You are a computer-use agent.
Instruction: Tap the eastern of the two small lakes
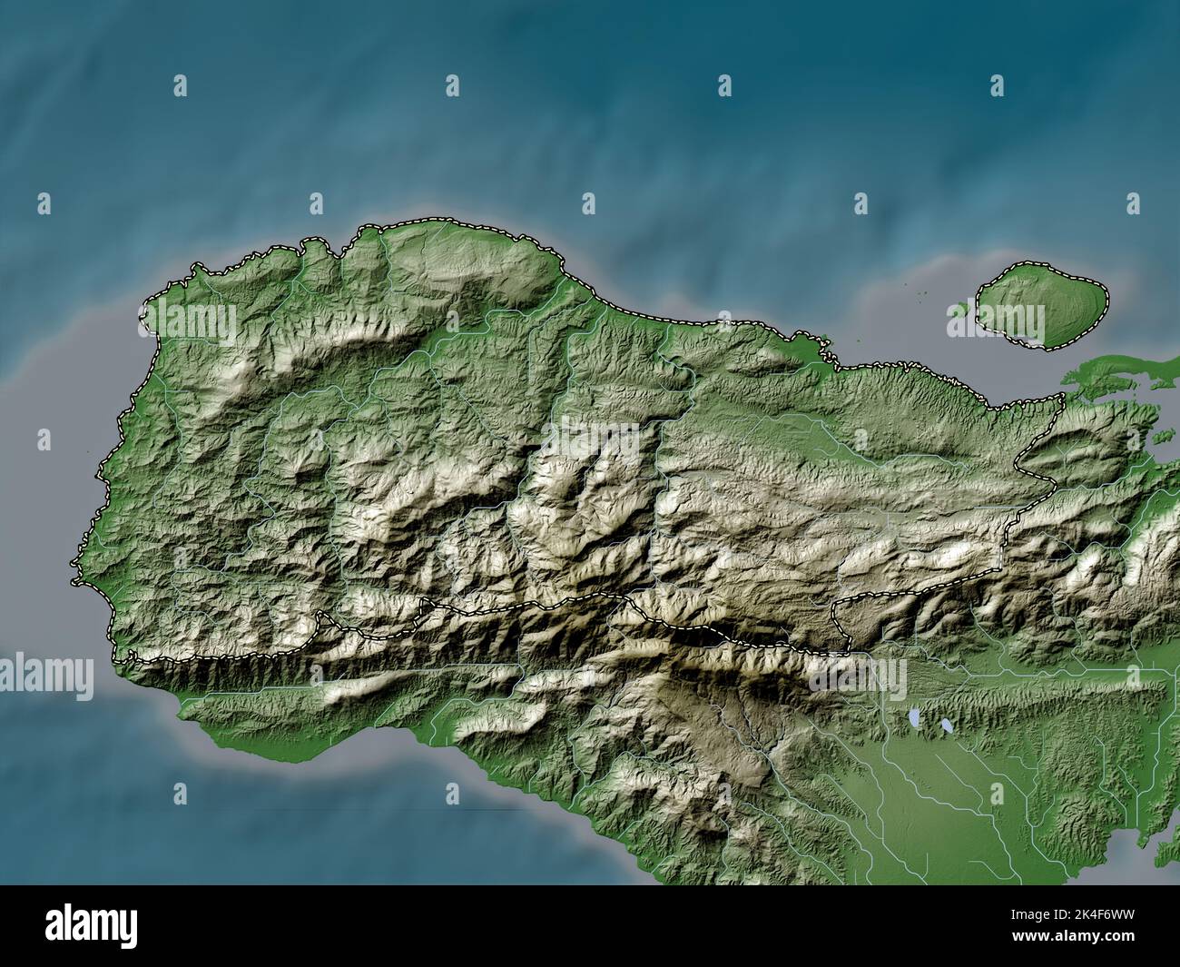tap(947, 727)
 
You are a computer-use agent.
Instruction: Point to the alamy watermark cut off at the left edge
tap(45, 676)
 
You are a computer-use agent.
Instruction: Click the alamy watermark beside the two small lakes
tap(858, 676)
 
